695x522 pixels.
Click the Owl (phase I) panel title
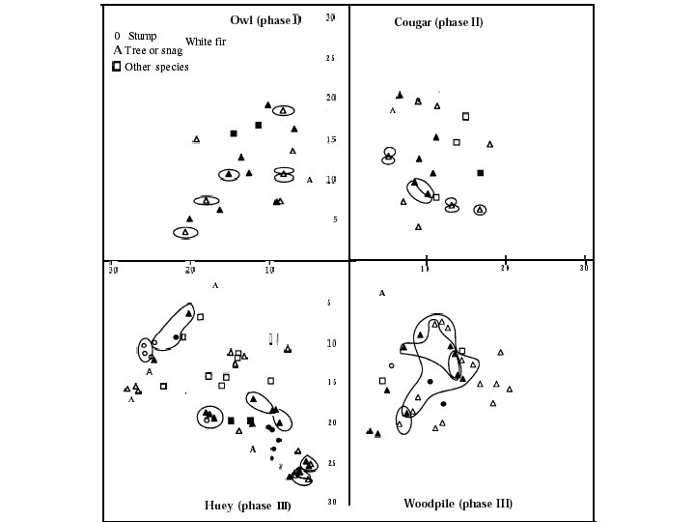pyautogui.click(x=265, y=21)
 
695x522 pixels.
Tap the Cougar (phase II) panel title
pyautogui.click(x=438, y=22)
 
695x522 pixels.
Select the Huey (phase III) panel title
pyautogui.click(x=247, y=506)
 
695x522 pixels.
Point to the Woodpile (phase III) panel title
pyautogui.click(x=458, y=504)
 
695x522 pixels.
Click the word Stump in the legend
pyautogui.click(x=142, y=36)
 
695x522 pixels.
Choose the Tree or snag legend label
pyautogui.click(x=153, y=50)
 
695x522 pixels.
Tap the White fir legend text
pyautogui.click(x=206, y=42)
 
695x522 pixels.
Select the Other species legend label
pyautogui.click(x=156, y=67)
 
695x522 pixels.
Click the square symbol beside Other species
pyautogui.click(x=117, y=67)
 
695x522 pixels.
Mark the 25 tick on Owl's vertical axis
pyautogui.click(x=330, y=59)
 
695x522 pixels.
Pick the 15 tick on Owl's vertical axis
pyautogui.click(x=330, y=140)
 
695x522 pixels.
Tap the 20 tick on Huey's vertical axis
pyautogui.click(x=330, y=423)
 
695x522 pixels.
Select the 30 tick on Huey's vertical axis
pyautogui.click(x=330, y=502)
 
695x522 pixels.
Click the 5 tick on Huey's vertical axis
pyautogui.click(x=330, y=304)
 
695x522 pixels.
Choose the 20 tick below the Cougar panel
pyautogui.click(x=505, y=269)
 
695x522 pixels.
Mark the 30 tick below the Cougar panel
pyautogui.click(x=584, y=269)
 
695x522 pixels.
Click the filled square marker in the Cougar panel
pyautogui.click(x=481, y=173)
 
